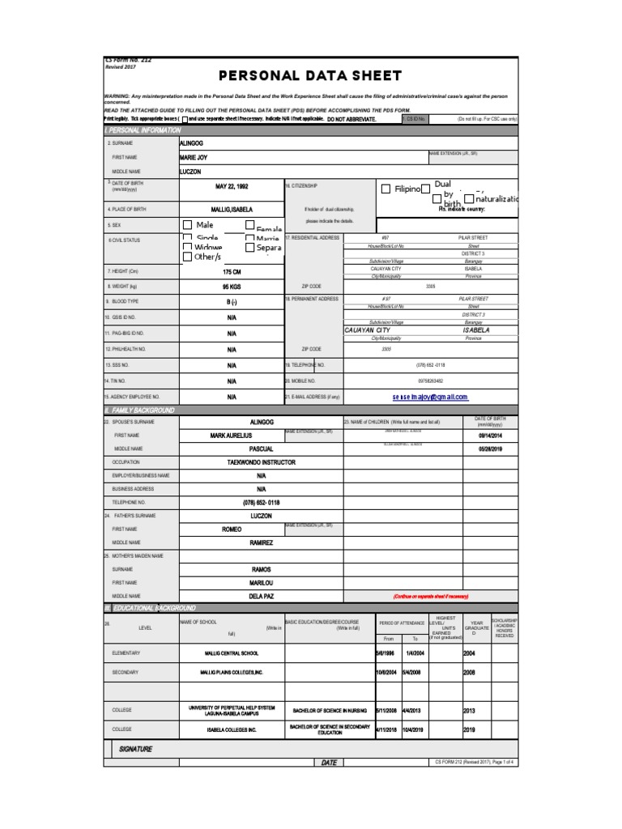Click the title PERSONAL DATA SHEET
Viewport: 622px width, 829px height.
click(x=310, y=76)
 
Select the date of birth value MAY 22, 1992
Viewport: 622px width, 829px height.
click(x=232, y=186)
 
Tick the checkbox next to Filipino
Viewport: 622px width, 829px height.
click(x=386, y=189)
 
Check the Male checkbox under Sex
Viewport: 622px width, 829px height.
click(x=188, y=224)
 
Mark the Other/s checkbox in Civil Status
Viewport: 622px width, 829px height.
click(x=188, y=257)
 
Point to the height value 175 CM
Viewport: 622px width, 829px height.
click(x=232, y=272)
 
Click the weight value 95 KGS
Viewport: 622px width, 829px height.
click(x=232, y=287)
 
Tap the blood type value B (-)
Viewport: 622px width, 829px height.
click(x=232, y=302)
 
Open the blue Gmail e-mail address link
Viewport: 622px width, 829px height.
click(x=429, y=397)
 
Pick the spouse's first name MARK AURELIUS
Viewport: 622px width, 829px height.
click(x=232, y=436)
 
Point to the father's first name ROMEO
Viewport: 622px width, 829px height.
click(x=232, y=528)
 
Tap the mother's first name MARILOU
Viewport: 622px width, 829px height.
click(x=262, y=582)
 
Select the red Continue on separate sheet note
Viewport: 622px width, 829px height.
click(x=431, y=596)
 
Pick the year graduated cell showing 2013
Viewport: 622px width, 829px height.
click(x=471, y=710)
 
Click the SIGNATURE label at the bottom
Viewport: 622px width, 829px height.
click(x=135, y=750)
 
